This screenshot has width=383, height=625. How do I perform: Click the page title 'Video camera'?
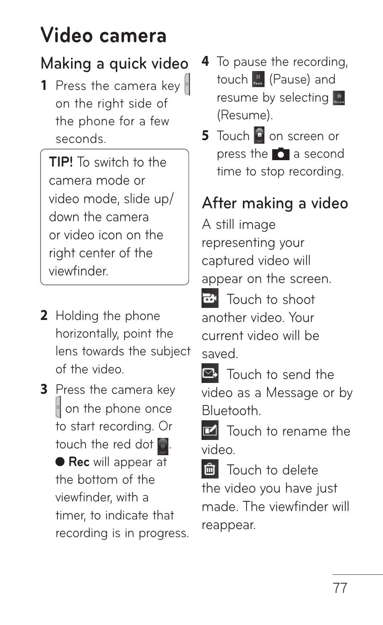pos(103,35)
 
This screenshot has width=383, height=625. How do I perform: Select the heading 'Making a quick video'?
pos(114,63)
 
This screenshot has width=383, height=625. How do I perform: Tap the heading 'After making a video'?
pos(275,203)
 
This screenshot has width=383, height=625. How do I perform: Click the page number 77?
pos(340,588)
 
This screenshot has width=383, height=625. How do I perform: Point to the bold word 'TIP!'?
pos(61,162)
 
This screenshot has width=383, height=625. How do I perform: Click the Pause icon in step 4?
pos(258,79)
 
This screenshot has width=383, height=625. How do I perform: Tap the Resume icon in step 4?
pos(339,98)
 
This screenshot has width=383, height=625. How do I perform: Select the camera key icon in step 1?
pos(187,84)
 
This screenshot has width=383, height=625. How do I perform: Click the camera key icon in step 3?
pos(58,407)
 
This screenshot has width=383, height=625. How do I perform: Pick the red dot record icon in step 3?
pos(163,446)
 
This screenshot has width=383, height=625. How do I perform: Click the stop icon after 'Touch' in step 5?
pos(259,135)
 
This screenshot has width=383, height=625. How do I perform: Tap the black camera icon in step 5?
pos(280,154)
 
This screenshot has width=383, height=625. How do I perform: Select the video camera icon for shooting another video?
pos(210,298)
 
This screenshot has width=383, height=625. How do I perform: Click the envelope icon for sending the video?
pos(210,373)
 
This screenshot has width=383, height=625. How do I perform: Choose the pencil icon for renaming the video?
pos(210,430)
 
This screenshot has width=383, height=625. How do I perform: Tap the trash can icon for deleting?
pos(210,469)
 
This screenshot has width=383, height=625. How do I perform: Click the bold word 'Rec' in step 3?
pos(79,462)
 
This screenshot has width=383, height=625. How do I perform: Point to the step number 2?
pos(44,316)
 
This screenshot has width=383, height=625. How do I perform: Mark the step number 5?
pos(206,136)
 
